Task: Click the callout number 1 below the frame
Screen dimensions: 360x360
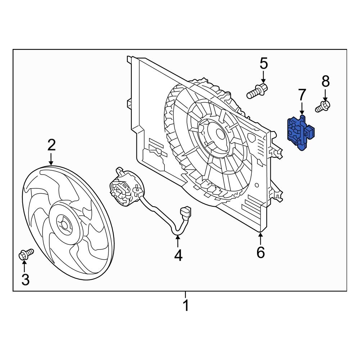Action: (x=185, y=306)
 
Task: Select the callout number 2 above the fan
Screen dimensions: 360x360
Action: (x=51, y=145)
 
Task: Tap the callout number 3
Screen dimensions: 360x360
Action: (x=25, y=279)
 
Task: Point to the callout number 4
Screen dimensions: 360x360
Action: (x=178, y=255)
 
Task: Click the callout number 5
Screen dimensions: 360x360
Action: (x=264, y=64)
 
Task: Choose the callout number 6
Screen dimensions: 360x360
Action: (x=261, y=252)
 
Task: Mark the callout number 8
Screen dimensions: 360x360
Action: (x=325, y=81)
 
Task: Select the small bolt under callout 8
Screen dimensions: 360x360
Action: (x=323, y=107)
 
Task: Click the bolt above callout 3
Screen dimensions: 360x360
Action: (x=26, y=254)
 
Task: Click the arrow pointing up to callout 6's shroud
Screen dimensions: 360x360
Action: (x=261, y=238)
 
